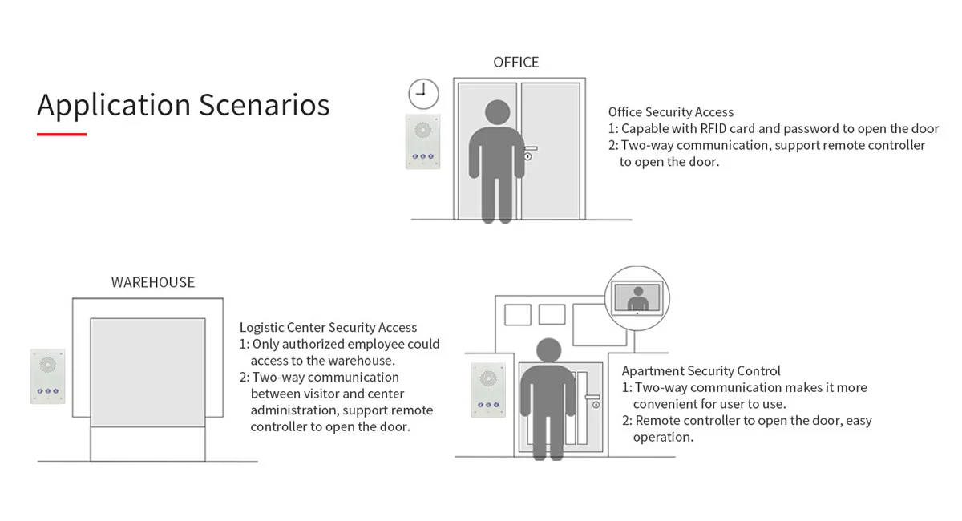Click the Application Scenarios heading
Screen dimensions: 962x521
pos(183,105)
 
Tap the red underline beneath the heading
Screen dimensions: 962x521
pos(62,134)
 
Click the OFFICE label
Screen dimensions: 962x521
pos(515,62)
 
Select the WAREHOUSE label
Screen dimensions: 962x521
pos(152,282)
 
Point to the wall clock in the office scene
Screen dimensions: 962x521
pos(423,93)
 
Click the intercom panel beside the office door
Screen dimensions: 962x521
pos(422,141)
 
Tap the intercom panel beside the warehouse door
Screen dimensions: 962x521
pos(47,376)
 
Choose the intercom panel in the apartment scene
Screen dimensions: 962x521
pos(487,390)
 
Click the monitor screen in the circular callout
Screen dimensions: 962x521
pos(637,297)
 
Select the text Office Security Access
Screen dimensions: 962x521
pos(670,112)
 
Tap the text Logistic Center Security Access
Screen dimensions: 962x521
pos(328,327)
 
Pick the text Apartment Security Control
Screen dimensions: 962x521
pos(701,370)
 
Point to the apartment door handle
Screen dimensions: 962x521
pos(592,397)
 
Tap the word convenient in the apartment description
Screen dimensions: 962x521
pos(668,404)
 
